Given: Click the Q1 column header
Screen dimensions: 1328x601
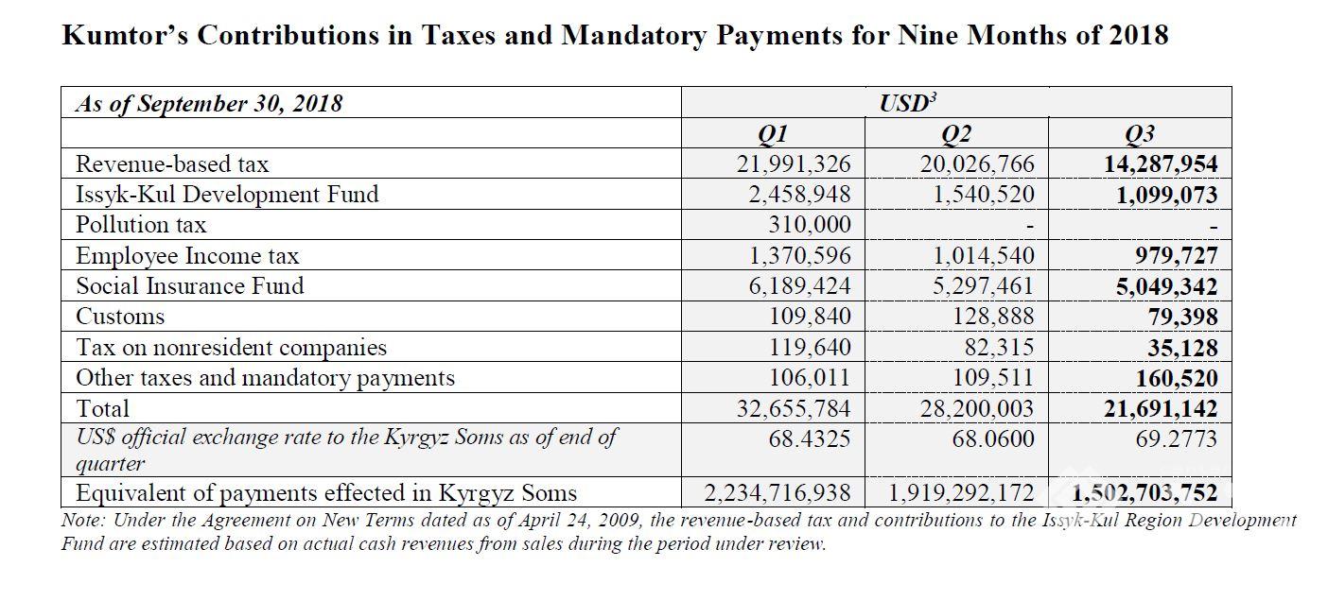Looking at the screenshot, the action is tap(773, 134).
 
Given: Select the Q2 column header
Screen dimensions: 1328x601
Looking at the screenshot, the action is tap(956, 134).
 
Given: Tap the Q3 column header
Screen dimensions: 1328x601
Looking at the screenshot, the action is tap(1140, 134).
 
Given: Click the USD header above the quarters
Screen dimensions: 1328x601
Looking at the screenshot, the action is tap(908, 102).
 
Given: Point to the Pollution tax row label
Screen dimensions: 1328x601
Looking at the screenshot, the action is tap(141, 225).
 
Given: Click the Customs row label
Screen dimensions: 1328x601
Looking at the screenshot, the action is tap(120, 317).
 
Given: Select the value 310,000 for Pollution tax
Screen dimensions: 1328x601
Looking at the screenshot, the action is tap(810, 225).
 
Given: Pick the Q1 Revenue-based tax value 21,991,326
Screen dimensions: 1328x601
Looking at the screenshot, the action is tap(794, 164).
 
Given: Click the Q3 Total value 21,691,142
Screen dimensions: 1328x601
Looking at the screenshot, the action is tap(1161, 408).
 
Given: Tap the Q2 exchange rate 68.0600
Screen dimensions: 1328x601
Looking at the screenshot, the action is tap(993, 438).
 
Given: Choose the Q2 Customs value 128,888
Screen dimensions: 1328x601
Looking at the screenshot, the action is tap(993, 317).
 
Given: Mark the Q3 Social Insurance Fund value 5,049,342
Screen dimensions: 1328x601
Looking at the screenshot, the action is tap(1166, 286).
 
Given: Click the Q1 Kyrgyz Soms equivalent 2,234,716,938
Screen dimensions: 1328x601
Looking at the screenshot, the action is tap(778, 492).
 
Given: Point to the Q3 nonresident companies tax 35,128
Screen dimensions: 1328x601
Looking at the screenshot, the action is tap(1182, 348).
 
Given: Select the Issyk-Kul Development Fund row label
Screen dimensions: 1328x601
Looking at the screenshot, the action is tap(227, 195).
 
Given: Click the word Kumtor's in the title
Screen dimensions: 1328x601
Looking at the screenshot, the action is tap(125, 34).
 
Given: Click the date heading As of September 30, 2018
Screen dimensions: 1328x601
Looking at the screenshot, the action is tap(209, 104).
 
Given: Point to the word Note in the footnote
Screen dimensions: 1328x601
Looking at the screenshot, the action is tap(83, 520).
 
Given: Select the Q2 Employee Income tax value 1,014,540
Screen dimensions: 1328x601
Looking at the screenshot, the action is tap(984, 256).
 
